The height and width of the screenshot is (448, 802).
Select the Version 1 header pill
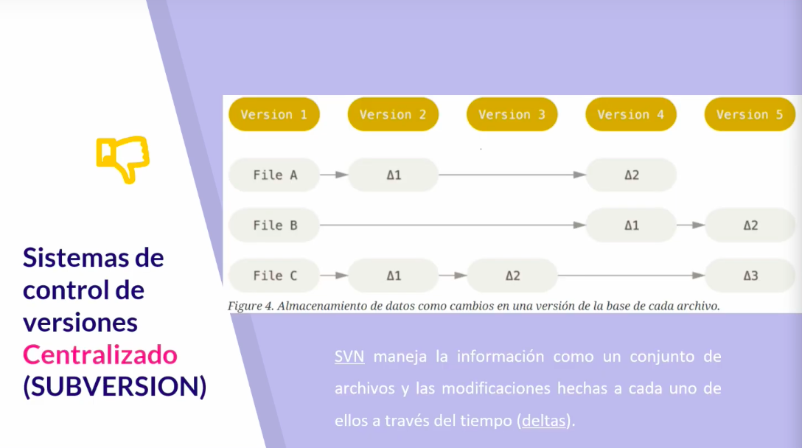tap(274, 114)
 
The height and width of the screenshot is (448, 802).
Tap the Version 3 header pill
tap(512, 114)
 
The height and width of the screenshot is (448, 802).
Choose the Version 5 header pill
tap(750, 114)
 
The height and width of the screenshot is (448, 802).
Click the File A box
tap(274, 175)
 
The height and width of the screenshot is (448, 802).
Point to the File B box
tap(274, 225)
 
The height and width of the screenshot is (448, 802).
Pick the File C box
tap(274, 276)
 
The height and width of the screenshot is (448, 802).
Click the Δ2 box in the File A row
tap(631, 175)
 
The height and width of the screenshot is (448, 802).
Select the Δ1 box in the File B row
tap(631, 225)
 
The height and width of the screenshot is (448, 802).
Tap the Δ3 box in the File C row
tap(750, 276)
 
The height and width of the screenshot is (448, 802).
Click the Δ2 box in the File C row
tap(512, 276)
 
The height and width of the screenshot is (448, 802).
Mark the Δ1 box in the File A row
tap(394, 175)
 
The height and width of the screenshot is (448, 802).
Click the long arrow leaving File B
tap(453, 225)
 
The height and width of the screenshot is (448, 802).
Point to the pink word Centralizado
tap(100, 354)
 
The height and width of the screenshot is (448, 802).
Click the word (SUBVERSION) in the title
tap(115, 387)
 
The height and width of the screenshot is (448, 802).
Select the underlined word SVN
tap(349, 357)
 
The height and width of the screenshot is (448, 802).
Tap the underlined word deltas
tap(544, 421)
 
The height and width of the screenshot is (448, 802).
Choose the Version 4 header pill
tap(631, 114)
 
